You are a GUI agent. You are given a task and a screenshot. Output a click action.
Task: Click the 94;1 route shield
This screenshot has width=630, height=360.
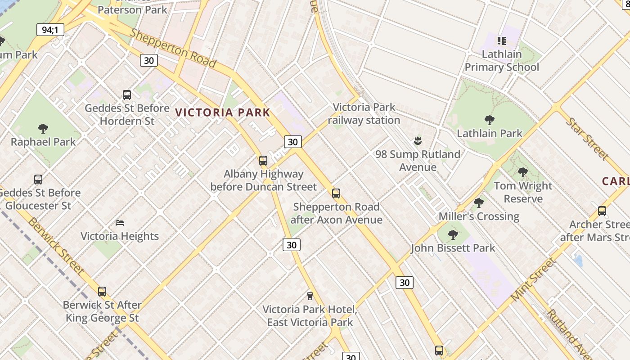(x=50, y=30)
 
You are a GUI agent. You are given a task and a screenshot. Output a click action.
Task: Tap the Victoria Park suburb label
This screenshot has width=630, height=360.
(x=222, y=112)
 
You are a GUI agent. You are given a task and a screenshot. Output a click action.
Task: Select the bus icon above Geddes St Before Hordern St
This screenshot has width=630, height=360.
(x=127, y=95)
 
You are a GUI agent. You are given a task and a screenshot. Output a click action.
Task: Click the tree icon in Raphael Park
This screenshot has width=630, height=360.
(x=43, y=129)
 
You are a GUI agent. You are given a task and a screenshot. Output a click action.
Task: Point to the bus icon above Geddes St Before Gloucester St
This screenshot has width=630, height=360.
(x=38, y=180)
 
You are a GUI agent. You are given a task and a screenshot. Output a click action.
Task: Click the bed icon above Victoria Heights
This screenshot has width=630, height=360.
(x=120, y=222)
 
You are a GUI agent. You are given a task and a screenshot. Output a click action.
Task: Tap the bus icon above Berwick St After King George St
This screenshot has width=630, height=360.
(x=102, y=292)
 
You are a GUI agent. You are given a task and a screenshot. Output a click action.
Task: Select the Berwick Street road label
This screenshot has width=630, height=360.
(x=56, y=245)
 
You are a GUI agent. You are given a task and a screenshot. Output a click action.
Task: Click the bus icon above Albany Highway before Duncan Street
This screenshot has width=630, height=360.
(x=263, y=161)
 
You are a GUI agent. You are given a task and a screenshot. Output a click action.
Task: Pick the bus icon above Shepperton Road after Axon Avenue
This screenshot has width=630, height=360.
(x=336, y=193)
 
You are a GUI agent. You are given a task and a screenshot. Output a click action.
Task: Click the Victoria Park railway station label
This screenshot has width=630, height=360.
(x=364, y=113)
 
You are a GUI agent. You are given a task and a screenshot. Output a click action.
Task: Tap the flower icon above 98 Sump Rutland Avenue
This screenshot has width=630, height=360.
(x=418, y=141)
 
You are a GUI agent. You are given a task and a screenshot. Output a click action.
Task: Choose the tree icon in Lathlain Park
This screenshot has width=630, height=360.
(x=490, y=120)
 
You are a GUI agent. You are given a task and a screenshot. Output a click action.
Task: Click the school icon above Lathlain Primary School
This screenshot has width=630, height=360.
(x=502, y=41)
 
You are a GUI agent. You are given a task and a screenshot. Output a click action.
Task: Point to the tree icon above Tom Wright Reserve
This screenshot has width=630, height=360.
(x=522, y=172)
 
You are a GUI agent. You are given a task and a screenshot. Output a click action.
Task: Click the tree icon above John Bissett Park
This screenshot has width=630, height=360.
(x=453, y=234)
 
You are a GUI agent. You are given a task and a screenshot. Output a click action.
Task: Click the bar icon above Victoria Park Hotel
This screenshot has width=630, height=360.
(x=310, y=296)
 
